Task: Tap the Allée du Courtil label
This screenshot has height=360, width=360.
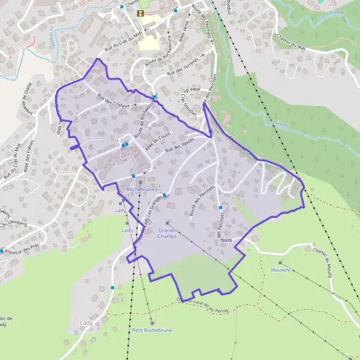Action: [146, 136]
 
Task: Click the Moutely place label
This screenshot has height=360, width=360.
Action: [280, 270]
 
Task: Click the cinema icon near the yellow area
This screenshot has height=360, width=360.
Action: [140, 13]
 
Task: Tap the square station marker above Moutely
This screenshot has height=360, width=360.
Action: [280, 263]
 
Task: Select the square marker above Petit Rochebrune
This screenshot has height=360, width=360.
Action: [152, 323]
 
